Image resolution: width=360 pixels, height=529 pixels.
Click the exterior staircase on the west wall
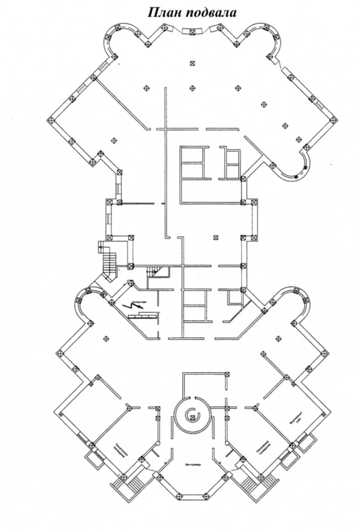(108, 263)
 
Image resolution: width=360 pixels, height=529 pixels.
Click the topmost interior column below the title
(191, 63)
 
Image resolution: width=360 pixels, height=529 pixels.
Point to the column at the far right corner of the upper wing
(332, 119)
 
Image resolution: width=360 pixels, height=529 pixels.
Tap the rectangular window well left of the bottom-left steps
(93, 462)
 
